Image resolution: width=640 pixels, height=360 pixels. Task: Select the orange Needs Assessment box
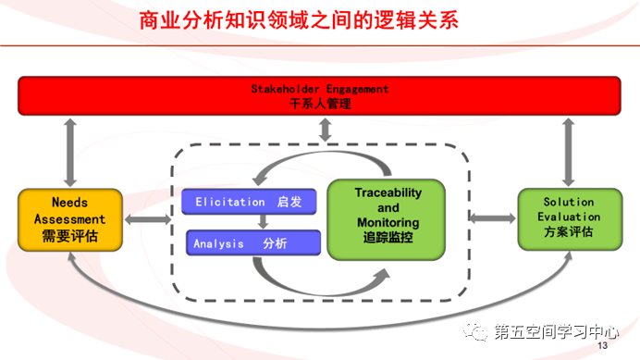(x=69, y=218)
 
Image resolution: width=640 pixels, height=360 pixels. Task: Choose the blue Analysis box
(x=251, y=244)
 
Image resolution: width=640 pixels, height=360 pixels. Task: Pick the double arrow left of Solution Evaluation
(x=492, y=217)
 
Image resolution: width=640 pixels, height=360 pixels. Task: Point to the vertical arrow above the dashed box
(x=324, y=131)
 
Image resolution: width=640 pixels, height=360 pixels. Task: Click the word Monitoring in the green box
(x=388, y=223)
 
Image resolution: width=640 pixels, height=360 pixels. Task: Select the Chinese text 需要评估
(x=70, y=236)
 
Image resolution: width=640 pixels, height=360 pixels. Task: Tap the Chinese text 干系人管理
(x=320, y=105)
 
